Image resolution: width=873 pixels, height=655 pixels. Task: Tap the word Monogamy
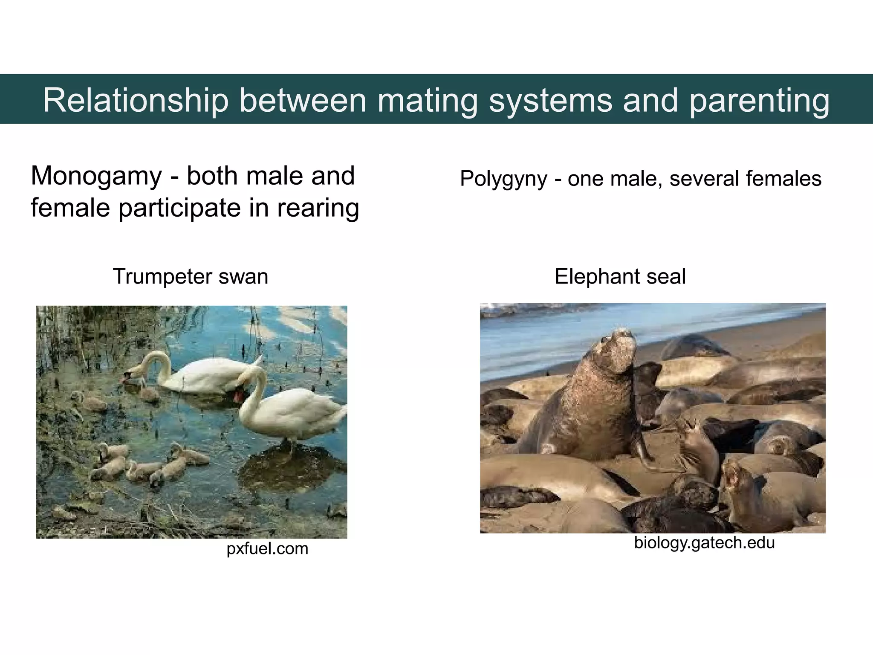pyautogui.click(x=96, y=177)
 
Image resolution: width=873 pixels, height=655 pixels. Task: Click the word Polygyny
pyautogui.click(x=503, y=179)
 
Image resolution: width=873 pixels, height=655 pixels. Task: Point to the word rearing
pyautogui.click(x=318, y=208)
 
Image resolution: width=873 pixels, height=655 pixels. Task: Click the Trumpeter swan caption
pyautogui.click(x=190, y=276)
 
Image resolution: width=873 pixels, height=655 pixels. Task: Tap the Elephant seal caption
pyautogui.click(x=620, y=276)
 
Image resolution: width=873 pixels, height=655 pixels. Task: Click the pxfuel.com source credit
pyautogui.click(x=267, y=548)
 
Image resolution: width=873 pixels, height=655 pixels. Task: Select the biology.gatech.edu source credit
pyautogui.click(x=704, y=542)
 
